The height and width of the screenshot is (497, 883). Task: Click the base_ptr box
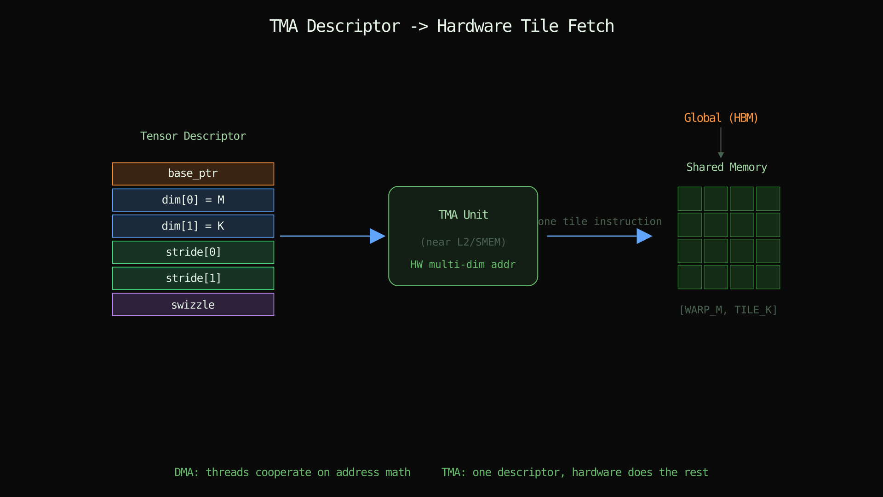(193, 174)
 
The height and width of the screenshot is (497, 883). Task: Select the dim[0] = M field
(193, 200)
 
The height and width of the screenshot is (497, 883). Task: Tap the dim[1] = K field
(193, 226)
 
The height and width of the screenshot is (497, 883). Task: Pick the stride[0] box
(193, 252)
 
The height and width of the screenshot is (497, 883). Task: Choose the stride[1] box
(193, 278)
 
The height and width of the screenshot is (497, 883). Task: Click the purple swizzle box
(193, 305)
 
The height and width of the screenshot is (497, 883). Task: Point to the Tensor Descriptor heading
(193, 136)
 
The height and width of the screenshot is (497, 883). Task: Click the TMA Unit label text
(463, 215)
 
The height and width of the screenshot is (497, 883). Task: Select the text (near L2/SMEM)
(463, 242)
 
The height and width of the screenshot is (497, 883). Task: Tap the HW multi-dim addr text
(463, 265)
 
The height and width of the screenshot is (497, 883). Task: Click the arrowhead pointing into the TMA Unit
(378, 236)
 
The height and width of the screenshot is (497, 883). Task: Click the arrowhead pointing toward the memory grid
(644, 236)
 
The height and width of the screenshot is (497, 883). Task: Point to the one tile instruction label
(600, 222)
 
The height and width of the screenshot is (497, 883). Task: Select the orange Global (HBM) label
(721, 118)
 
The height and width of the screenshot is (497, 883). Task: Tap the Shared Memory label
(727, 168)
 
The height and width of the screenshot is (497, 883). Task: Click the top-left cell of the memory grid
(690, 199)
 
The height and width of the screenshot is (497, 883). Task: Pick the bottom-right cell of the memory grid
(768, 277)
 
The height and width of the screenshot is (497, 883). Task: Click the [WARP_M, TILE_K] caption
(728, 310)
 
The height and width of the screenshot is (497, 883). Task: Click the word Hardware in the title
(474, 26)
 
